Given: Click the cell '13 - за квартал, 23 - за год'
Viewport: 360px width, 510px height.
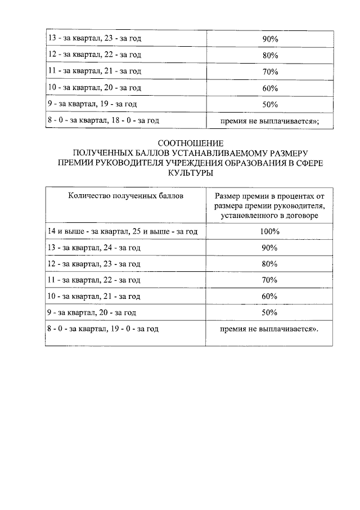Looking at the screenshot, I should (94, 39).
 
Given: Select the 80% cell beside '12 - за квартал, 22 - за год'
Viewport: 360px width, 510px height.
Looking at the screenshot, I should (270, 55).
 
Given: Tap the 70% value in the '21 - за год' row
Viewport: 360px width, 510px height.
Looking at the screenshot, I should (270, 71).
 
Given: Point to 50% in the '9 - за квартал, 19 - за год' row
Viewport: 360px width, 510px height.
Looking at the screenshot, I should (270, 104).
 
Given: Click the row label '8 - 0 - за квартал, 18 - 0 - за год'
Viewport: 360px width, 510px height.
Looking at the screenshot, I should (103, 120).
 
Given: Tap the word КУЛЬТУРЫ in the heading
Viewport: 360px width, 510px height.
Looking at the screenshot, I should (191, 174).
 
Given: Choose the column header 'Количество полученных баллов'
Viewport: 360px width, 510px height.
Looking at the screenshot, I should (125, 195).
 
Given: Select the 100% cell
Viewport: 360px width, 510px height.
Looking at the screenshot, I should (270, 231).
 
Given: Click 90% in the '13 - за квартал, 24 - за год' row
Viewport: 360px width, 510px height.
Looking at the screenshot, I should (270, 248).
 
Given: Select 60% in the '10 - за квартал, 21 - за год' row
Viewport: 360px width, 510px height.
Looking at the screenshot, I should (270, 296).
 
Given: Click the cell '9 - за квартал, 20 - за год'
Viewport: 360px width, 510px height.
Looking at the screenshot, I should (92, 312).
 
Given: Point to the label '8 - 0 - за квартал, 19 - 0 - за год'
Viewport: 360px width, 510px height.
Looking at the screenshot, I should (103, 329).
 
